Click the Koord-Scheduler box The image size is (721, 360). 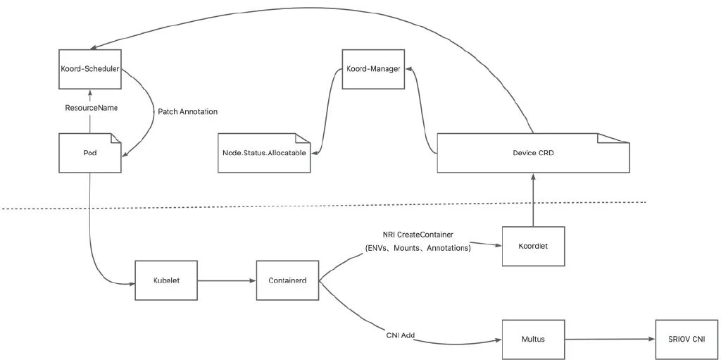(x=89, y=69)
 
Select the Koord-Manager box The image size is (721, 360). (x=374, y=69)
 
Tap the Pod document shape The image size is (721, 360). (x=89, y=152)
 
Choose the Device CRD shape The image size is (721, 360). (x=533, y=152)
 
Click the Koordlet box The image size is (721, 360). (x=534, y=246)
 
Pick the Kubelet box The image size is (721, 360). (x=167, y=280)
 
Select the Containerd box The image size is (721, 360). (x=287, y=280)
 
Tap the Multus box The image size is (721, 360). (x=534, y=339)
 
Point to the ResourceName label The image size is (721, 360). (x=91, y=108)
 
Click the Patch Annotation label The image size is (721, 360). (x=187, y=111)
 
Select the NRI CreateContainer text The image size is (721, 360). (x=418, y=234)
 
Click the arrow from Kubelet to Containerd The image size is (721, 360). (x=227, y=280)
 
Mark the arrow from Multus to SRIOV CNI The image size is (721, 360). (x=610, y=340)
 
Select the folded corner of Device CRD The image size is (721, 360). (x=613, y=138)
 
